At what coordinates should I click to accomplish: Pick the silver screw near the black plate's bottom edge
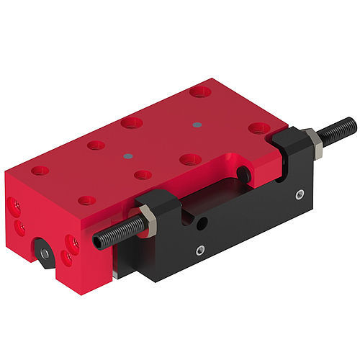click(x=201, y=251)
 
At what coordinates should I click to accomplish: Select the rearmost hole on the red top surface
click(x=200, y=92)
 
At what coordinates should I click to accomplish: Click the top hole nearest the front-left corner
click(x=40, y=170)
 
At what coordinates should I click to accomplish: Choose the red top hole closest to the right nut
click(x=260, y=129)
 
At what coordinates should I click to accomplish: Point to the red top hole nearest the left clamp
click(x=143, y=174)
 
